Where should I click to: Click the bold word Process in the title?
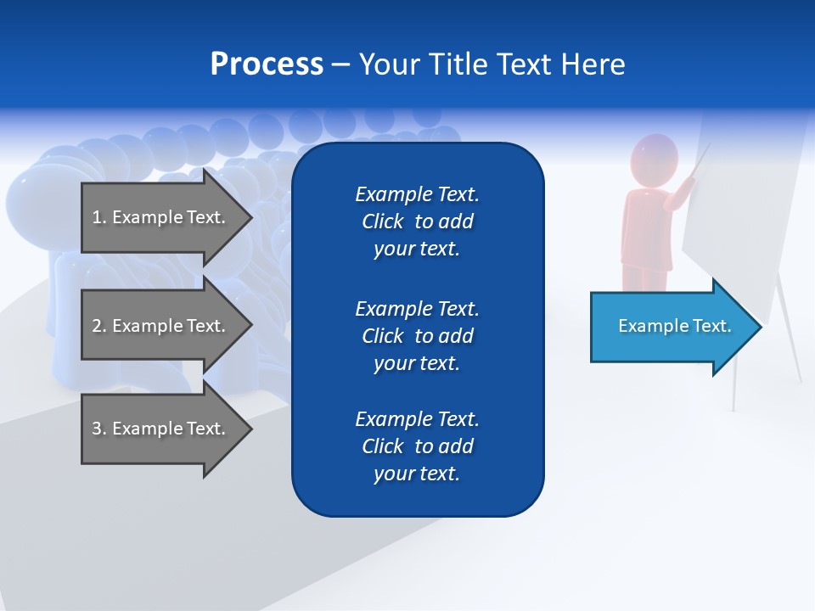click(x=267, y=64)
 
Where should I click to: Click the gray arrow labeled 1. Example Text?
click(x=161, y=217)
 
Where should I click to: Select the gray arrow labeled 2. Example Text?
click(x=161, y=326)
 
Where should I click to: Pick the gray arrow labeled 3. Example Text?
click(x=161, y=429)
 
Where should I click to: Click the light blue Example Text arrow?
click(x=671, y=327)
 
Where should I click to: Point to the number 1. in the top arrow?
click(x=99, y=217)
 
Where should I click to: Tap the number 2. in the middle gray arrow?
click(x=99, y=326)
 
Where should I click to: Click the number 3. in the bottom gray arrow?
click(x=99, y=429)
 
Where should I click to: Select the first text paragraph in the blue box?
click(x=417, y=221)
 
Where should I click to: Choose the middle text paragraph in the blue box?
click(x=417, y=336)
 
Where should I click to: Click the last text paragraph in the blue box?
click(x=417, y=446)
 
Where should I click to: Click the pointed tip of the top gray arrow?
click(x=250, y=217)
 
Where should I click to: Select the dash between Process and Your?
click(x=340, y=65)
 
